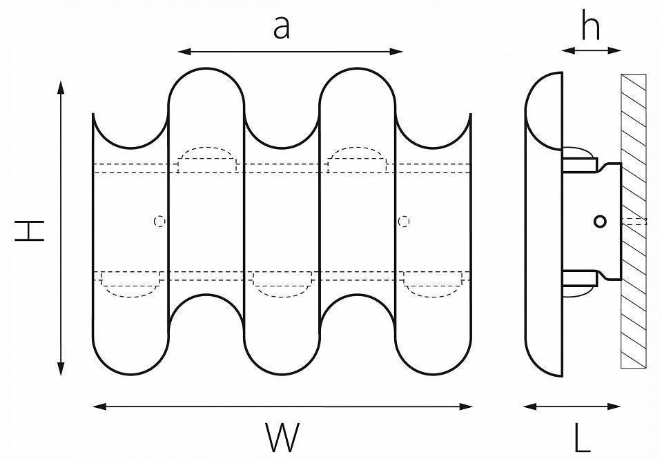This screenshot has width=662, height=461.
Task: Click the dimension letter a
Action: pyautogui.click(x=280, y=28)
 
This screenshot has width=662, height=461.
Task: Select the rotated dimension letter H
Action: pyautogui.click(x=30, y=231)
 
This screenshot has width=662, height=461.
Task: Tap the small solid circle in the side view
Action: pyautogui.click(x=600, y=221)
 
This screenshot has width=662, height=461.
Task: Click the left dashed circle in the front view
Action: pyautogui.click(x=159, y=221)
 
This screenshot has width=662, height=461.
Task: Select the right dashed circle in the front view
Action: pyautogui.click(x=405, y=221)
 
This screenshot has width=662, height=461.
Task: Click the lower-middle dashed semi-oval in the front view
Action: pyautogui.click(x=282, y=283)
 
